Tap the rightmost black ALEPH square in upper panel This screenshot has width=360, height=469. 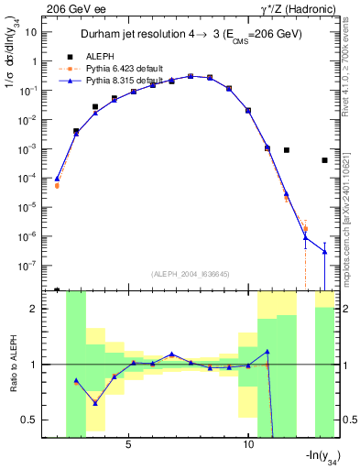(325, 160)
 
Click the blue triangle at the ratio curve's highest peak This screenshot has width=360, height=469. (267, 352)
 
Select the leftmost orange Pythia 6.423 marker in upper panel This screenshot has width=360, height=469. (57, 185)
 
